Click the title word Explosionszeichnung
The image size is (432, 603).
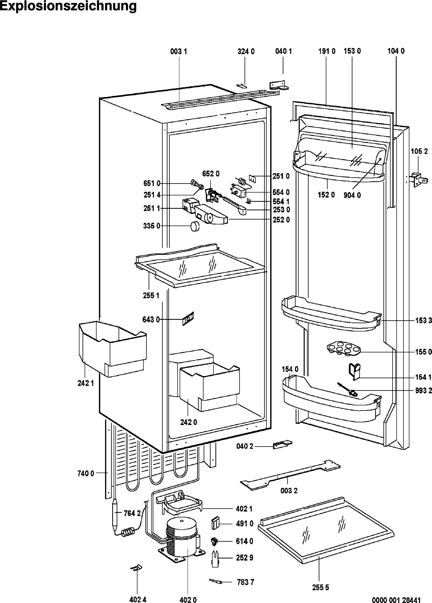[68, 6]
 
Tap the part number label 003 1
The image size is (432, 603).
[178, 52]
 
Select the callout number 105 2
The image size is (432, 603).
[419, 151]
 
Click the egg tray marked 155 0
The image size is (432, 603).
[340, 349]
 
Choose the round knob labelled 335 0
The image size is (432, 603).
[195, 226]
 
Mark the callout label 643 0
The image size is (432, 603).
[151, 319]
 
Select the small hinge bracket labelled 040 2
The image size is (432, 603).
[283, 445]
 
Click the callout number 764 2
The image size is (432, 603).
[132, 513]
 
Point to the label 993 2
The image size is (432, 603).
[423, 390]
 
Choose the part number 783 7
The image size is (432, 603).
[245, 582]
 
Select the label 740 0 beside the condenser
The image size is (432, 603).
[86, 473]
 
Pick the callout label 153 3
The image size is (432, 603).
[423, 320]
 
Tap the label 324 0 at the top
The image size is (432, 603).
[246, 52]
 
